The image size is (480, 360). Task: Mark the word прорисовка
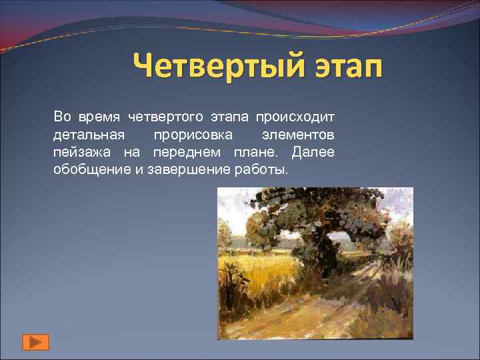click(193, 135)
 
